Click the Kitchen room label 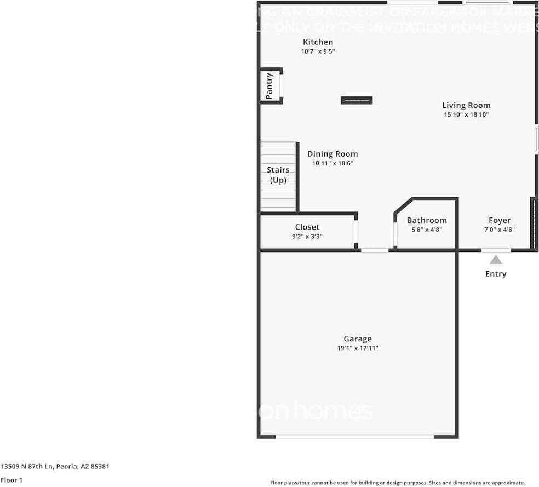(x=318, y=42)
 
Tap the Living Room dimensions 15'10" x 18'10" (x=466, y=115)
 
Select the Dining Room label (x=332, y=154)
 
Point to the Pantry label (x=269, y=87)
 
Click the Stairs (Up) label (x=278, y=175)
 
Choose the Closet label (x=307, y=227)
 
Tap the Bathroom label (x=427, y=220)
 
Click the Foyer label (x=499, y=220)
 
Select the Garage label (x=358, y=339)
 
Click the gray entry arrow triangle (x=496, y=260)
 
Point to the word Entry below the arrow (x=496, y=274)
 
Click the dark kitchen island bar (x=357, y=100)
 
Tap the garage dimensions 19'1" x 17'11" (x=358, y=348)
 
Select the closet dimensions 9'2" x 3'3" (x=307, y=237)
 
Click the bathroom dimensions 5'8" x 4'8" (x=427, y=230)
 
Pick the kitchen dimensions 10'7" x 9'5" (x=318, y=51)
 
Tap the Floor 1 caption (x=12, y=480)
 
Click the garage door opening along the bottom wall (x=355, y=437)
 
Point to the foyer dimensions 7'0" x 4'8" (x=499, y=230)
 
